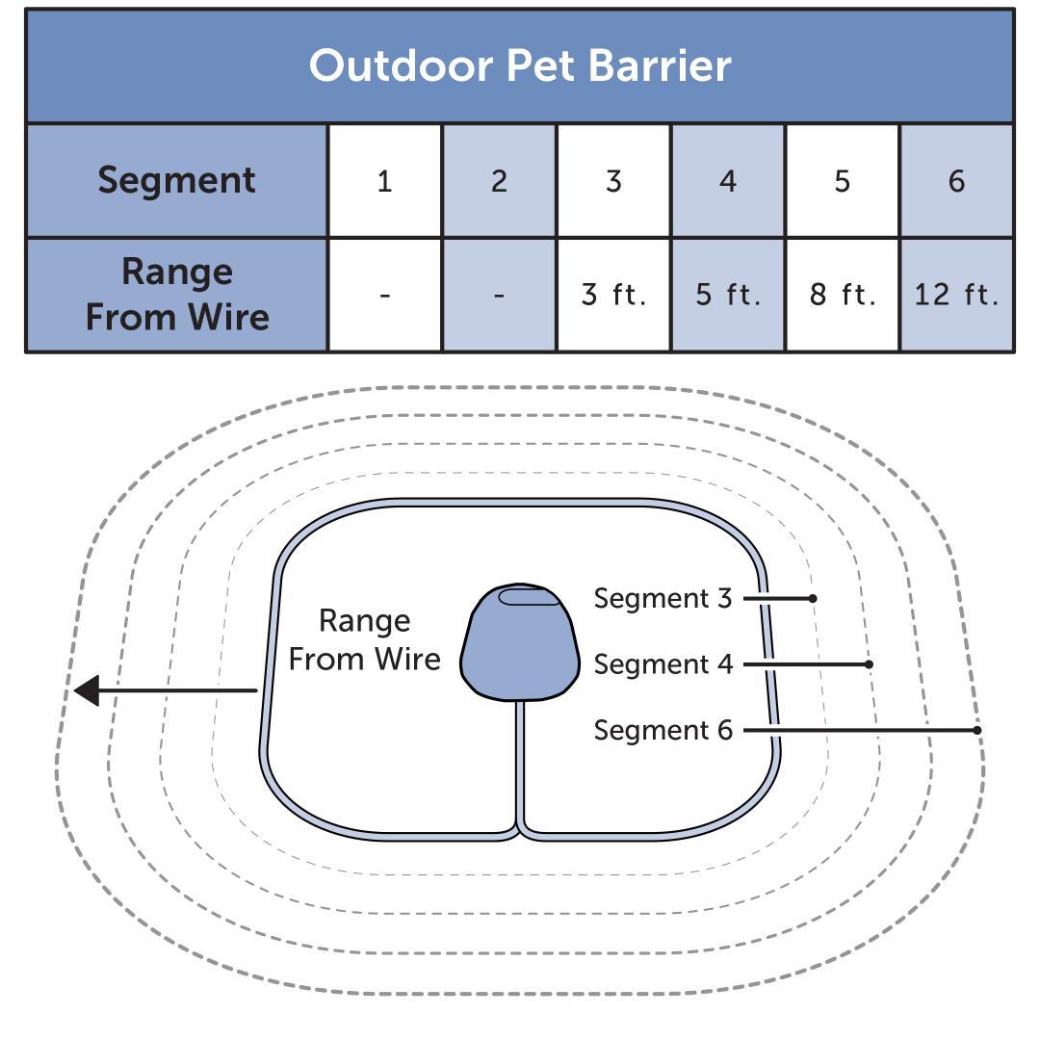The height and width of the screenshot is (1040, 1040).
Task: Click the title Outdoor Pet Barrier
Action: pos(520,65)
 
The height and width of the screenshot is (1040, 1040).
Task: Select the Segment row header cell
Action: pos(177,180)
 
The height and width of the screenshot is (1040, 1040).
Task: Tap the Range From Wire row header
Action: pos(177,294)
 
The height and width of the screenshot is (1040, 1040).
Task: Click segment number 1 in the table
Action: pos(384,181)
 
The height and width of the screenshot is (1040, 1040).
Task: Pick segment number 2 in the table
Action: pos(499,181)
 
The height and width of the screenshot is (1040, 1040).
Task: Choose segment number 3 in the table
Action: pos(613,181)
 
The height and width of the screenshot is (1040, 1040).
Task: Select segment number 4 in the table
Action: pos(727,181)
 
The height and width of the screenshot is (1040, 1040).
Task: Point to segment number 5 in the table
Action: pos(842,181)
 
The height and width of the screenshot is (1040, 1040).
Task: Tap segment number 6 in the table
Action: pos(956,181)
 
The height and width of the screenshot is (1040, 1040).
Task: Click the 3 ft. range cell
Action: pos(613,295)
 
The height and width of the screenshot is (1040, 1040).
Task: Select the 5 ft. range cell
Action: pos(727,295)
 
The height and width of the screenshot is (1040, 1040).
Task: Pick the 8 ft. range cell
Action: pos(842,295)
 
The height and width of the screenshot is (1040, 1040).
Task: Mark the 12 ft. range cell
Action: pos(956,295)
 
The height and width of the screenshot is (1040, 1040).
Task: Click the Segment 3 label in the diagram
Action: pos(663,598)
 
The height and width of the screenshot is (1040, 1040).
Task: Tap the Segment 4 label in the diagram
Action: pos(663,664)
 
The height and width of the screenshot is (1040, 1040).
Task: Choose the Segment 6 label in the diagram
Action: pos(663,730)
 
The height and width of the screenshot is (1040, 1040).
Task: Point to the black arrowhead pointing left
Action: pos(87,690)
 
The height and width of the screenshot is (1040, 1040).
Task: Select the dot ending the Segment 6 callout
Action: pos(976,730)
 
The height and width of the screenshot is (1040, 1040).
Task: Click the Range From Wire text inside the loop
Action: pos(364,639)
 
